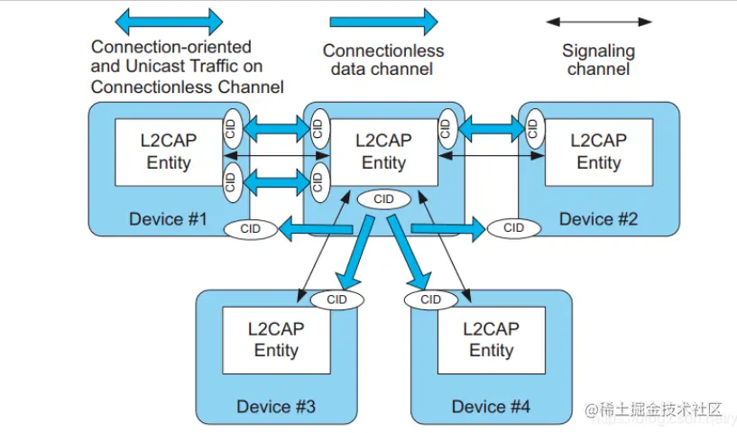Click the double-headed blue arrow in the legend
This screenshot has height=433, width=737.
click(170, 21)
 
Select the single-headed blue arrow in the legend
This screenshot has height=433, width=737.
click(383, 21)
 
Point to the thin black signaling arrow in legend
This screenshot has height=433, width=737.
click(599, 21)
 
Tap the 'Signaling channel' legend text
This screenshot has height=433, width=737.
click(598, 60)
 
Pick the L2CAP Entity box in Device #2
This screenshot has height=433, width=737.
click(598, 152)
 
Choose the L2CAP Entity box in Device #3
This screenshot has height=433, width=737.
click(276, 339)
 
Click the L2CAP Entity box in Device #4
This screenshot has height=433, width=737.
click(491, 339)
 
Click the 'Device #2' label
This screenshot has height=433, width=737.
click(598, 219)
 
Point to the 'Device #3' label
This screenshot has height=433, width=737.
click(276, 407)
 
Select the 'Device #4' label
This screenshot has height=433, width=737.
click(491, 407)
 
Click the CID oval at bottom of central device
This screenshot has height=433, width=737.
click(383, 198)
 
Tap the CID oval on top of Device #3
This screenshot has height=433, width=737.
click(336, 299)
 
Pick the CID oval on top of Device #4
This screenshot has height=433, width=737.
click(431, 299)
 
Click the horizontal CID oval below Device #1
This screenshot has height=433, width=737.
click(251, 229)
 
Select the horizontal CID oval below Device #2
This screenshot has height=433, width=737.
click(514, 228)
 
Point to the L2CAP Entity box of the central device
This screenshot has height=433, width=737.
click(383, 152)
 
